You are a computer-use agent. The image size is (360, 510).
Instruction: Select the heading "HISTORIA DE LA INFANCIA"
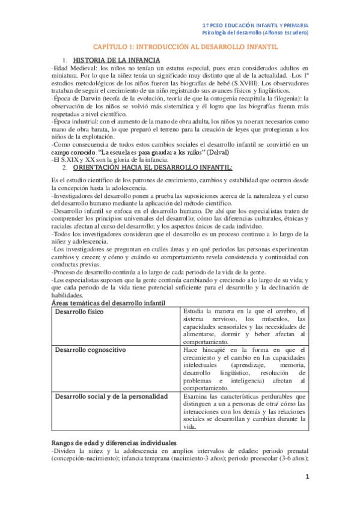click(116, 60)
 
